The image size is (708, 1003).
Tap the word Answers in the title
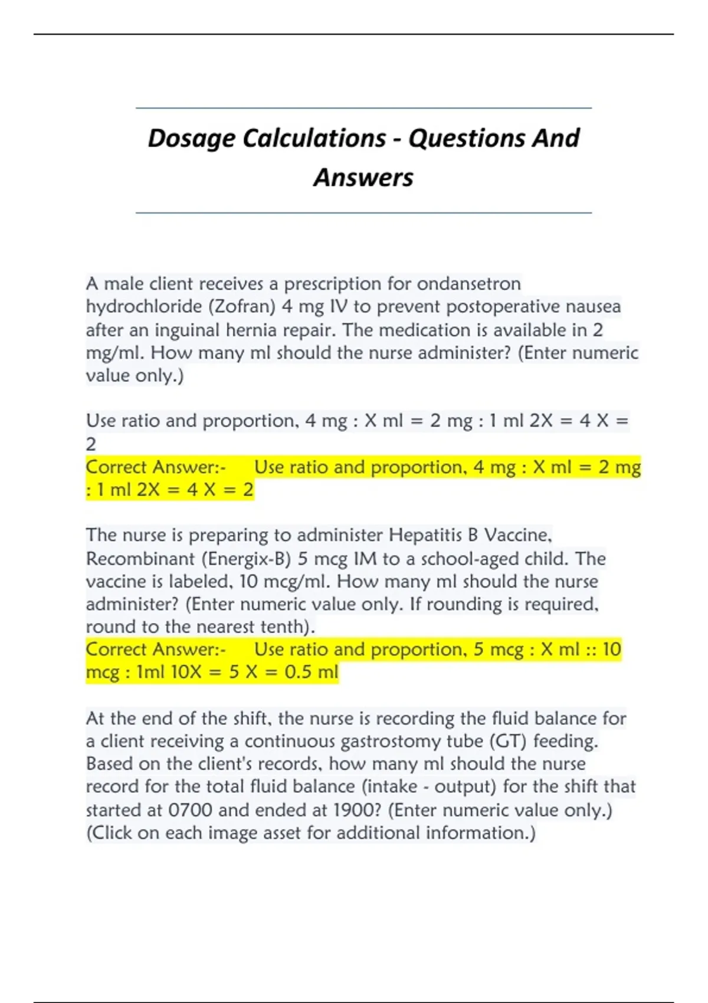coord(363,178)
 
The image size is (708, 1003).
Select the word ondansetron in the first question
coord(469,284)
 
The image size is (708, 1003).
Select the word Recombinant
coord(135,558)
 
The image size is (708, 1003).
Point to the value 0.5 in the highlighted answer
coord(299,672)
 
